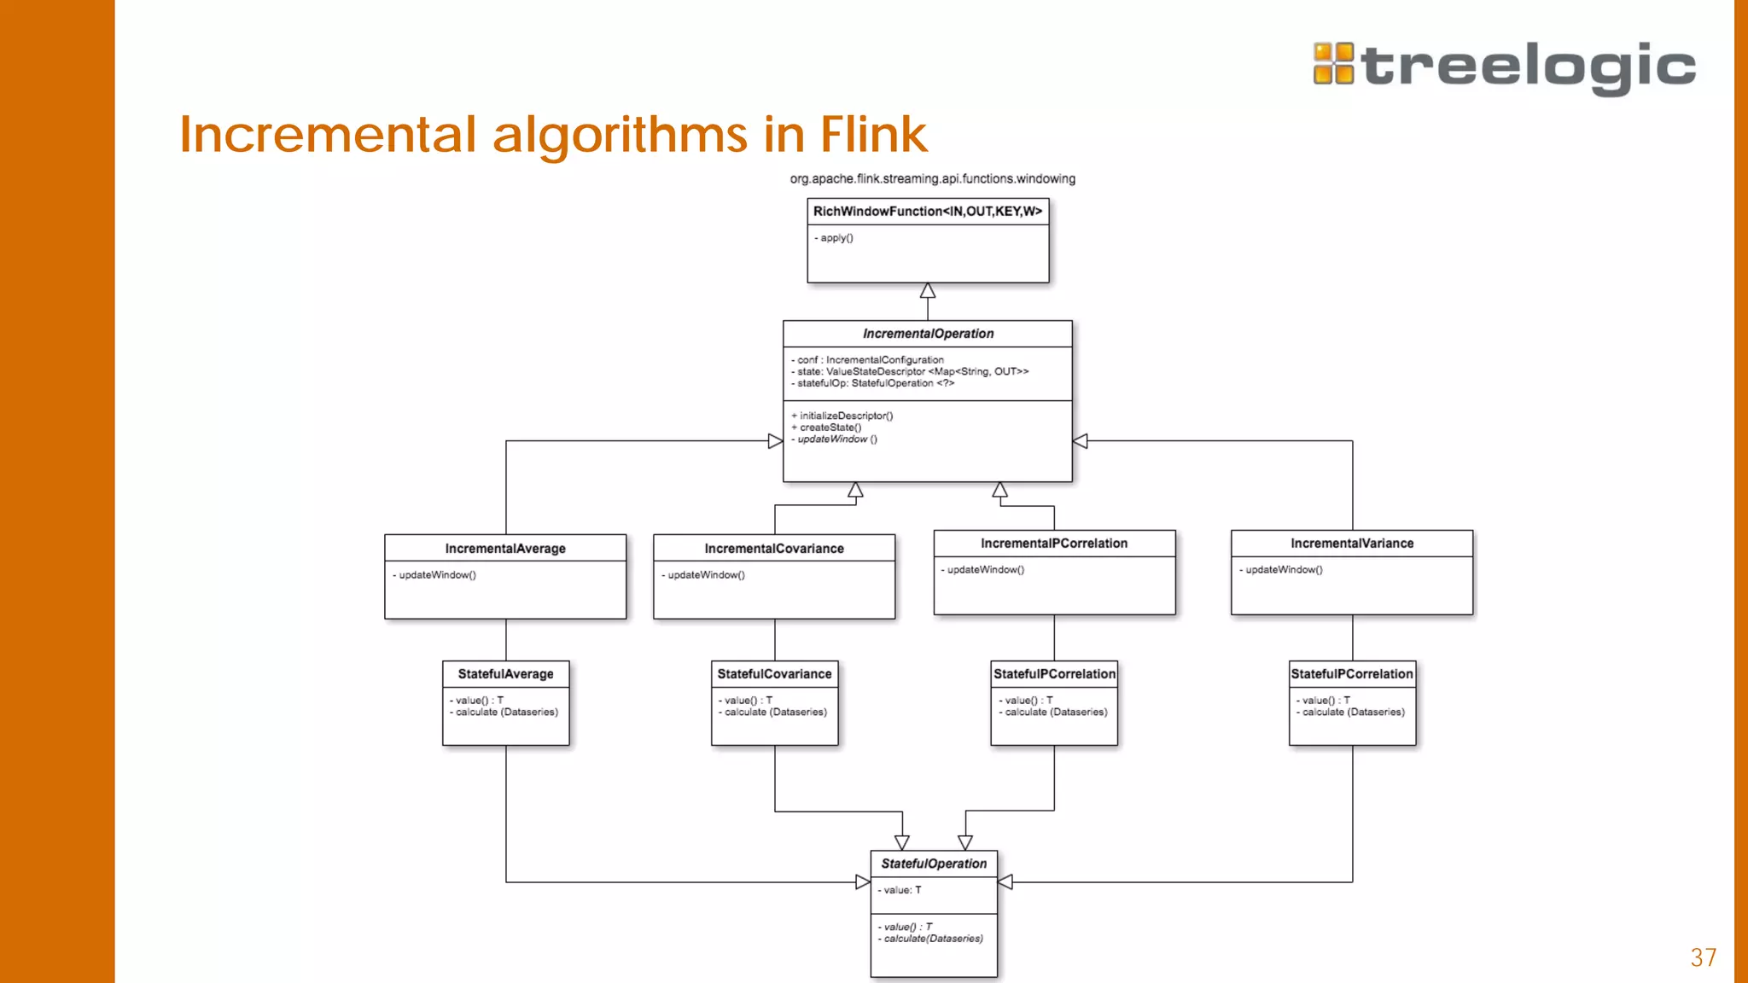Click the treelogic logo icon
(1333, 64)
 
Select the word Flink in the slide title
(873, 134)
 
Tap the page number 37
(1703, 957)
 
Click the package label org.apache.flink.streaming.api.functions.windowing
(932, 179)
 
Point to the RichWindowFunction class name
(927, 212)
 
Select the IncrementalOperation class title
(928, 334)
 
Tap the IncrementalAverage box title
(505, 549)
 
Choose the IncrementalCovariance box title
(774, 549)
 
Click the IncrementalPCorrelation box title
(1054, 544)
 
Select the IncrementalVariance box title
(1352, 544)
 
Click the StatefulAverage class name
(505, 674)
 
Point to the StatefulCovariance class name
(774, 674)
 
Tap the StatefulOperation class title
(934, 864)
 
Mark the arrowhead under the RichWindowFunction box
(928, 291)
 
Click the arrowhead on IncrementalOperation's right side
(1081, 441)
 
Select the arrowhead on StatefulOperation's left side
(863, 882)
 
